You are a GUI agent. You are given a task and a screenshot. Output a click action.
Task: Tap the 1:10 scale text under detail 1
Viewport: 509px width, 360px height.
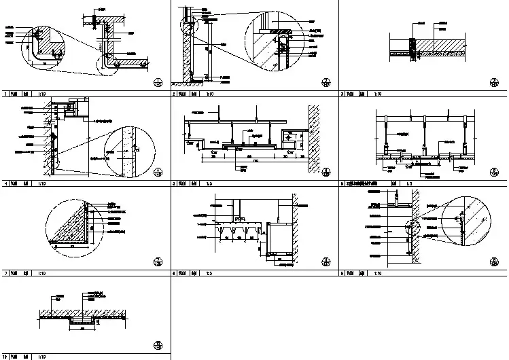click(x=41, y=95)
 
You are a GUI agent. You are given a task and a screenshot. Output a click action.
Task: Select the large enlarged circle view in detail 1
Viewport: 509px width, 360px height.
click(x=43, y=46)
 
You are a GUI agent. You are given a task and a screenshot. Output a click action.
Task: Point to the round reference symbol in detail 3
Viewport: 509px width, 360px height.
click(x=494, y=82)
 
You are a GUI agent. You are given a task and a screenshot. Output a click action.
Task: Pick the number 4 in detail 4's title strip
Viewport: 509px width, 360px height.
click(x=5, y=183)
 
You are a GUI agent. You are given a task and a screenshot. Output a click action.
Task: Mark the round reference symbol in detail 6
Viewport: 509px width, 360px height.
click(x=494, y=173)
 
